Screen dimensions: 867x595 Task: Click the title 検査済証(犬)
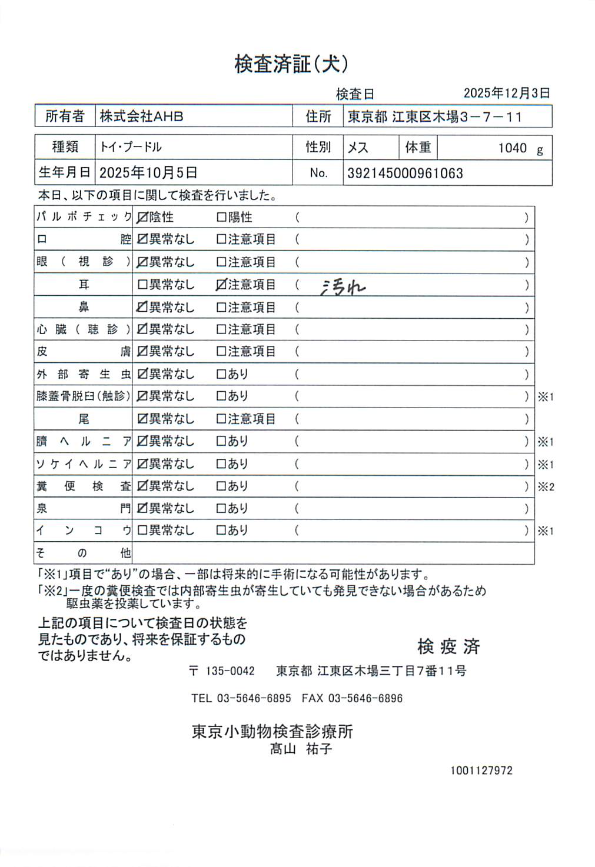pyautogui.click(x=291, y=64)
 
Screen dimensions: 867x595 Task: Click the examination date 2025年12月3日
pyautogui.click(x=506, y=93)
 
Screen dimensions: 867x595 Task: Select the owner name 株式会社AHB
pyautogui.click(x=141, y=116)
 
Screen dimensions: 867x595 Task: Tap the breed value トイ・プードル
pyautogui.click(x=130, y=147)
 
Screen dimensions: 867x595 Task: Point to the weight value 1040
pyautogui.click(x=512, y=148)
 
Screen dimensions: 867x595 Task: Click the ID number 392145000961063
pyautogui.click(x=405, y=174)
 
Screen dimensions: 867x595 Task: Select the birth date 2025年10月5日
pyautogui.click(x=148, y=173)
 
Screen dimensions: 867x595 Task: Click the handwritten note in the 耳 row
pyautogui.click(x=343, y=286)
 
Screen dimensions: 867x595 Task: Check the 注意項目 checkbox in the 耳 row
pyautogui.click(x=221, y=285)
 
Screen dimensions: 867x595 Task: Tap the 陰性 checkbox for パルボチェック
pyautogui.click(x=142, y=218)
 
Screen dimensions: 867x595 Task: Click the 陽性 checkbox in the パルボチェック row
pyautogui.click(x=221, y=218)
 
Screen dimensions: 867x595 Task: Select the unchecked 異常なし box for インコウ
pyautogui.click(x=142, y=531)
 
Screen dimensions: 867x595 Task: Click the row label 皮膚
pyautogui.click(x=83, y=352)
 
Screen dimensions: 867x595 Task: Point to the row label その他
pyautogui.click(x=83, y=553)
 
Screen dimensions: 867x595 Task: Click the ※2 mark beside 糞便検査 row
pyautogui.click(x=546, y=487)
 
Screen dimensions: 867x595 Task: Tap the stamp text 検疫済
pyautogui.click(x=448, y=647)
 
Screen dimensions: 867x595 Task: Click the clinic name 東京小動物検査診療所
pyautogui.click(x=272, y=731)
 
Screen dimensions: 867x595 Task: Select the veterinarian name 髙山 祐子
pyautogui.click(x=301, y=749)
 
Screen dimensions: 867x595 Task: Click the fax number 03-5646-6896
pyautogui.click(x=365, y=699)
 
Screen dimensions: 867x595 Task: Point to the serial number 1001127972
pyautogui.click(x=481, y=771)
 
